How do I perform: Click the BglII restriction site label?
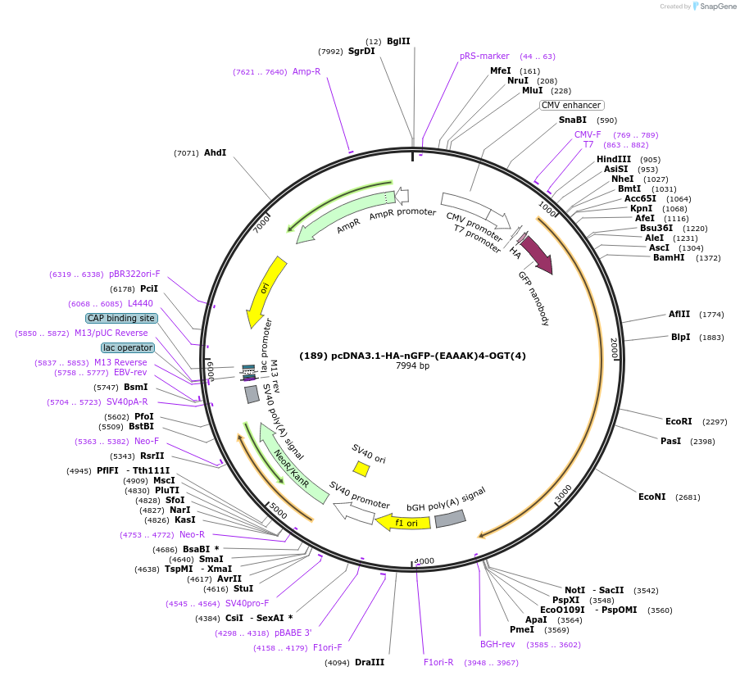pos(398,41)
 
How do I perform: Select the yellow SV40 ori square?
pos(361,469)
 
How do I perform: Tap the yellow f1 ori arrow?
pos(403,522)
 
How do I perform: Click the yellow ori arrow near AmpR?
pos(266,292)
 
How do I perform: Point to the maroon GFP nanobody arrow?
pos(537,254)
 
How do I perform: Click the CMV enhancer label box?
pos(571,105)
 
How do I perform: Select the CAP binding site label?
pos(121,319)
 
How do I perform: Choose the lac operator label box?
pos(128,347)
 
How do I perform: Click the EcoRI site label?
pos(679,421)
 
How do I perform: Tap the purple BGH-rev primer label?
pos(497,644)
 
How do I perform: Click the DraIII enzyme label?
pos(370,662)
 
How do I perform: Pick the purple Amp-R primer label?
pos(306,71)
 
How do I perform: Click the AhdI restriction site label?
pos(215,152)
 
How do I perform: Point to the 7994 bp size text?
pos(412,365)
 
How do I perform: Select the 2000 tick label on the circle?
pos(614,348)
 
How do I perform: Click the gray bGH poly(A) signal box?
pos(450,519)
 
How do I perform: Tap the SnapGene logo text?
pos(718,6)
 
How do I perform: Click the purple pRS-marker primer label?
pos(484,56)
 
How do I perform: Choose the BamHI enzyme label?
pos(669,257)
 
